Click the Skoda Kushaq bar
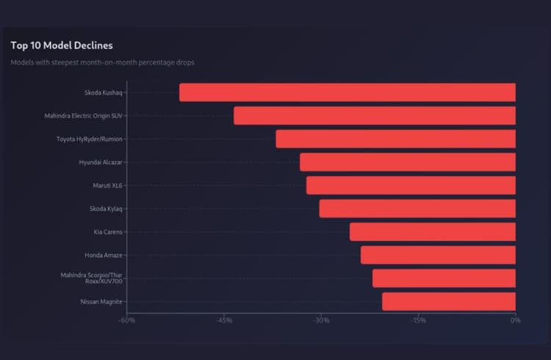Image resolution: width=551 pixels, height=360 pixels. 347,93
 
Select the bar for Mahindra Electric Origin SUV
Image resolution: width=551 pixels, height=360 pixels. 375,115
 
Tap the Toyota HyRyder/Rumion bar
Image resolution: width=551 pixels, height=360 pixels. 395,139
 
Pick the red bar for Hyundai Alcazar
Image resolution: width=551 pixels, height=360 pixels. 408,162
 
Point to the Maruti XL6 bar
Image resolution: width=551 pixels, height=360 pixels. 411,185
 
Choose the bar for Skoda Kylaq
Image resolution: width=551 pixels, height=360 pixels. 417,209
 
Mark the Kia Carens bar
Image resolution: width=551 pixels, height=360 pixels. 433,232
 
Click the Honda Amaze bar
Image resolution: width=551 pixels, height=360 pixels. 438,255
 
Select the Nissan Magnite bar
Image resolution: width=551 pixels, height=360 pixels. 449,301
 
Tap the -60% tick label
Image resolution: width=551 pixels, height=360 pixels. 127,320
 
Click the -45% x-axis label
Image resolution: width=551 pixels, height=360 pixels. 224,320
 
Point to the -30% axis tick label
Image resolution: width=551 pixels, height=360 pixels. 321,320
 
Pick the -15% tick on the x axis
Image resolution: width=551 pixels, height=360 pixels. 419,320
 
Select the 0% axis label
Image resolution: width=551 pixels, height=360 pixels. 515,320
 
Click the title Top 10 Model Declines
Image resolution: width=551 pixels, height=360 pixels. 62,46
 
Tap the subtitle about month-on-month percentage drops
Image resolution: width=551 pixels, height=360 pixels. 102,62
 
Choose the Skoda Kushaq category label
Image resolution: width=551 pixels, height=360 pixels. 104,93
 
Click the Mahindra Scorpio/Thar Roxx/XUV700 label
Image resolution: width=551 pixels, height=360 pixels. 92,278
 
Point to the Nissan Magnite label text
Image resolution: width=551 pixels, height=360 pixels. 101,301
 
